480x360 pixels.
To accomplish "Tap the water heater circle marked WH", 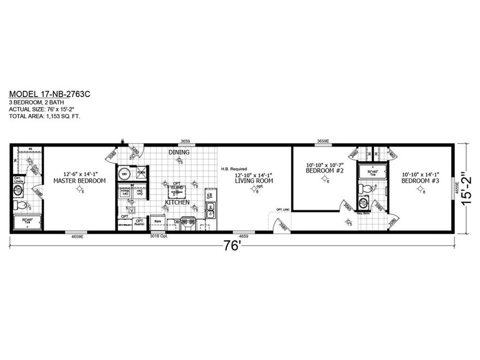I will click(124, 174).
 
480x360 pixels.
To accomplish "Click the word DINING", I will click(178, 152).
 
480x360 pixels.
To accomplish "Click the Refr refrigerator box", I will click(157, 222).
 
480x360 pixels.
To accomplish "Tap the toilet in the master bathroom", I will click(21, 206).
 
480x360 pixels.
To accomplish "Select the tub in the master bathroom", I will click(26, 222).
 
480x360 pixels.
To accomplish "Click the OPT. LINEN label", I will click(17, 179).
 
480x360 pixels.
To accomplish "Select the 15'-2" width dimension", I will click(465, 188).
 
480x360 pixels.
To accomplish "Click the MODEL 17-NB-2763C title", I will click(50, 94).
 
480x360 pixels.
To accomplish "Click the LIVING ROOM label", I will click(254, 180).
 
